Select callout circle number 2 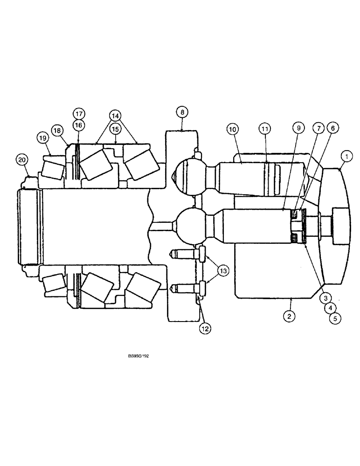pyautogui.click(x=289, y=316)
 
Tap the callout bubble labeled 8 pyautogui.click(x=182, y=112)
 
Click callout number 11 pyautogui.click(x=265, y=129)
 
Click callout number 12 pyautogui.click(x=205, y=329)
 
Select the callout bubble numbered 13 pyautogui.click(x=223, y=271)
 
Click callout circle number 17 pyautogui.click(x=79, y=113)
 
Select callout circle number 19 pyautogui.click(x=43, y=137)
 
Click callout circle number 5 pyautogui.click(x=334, y=318)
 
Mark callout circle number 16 pyautogui.click(x=79, y=125)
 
